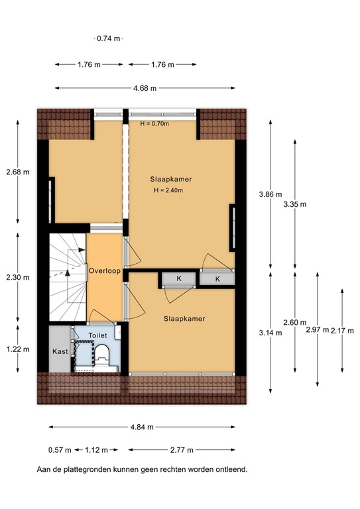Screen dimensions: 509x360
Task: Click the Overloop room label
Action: [x=105, y=270]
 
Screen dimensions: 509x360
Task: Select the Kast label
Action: [x=59, y=351]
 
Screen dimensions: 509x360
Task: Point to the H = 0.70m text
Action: [x=154, y=123]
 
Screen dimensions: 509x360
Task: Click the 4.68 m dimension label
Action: [x=145, y=88]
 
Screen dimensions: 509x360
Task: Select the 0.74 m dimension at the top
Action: [x=109, y=38]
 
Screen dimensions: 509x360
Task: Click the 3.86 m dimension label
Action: [x=270, y=194]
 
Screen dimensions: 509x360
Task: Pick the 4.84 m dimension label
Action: [x=142, y=427]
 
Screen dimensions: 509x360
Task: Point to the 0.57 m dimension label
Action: [x=59, y=450]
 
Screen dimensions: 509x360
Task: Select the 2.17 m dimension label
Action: [x=343, y=329]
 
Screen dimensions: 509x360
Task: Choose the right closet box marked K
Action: [x=218, y=279]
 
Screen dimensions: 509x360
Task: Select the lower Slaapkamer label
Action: [x=184, y=319]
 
